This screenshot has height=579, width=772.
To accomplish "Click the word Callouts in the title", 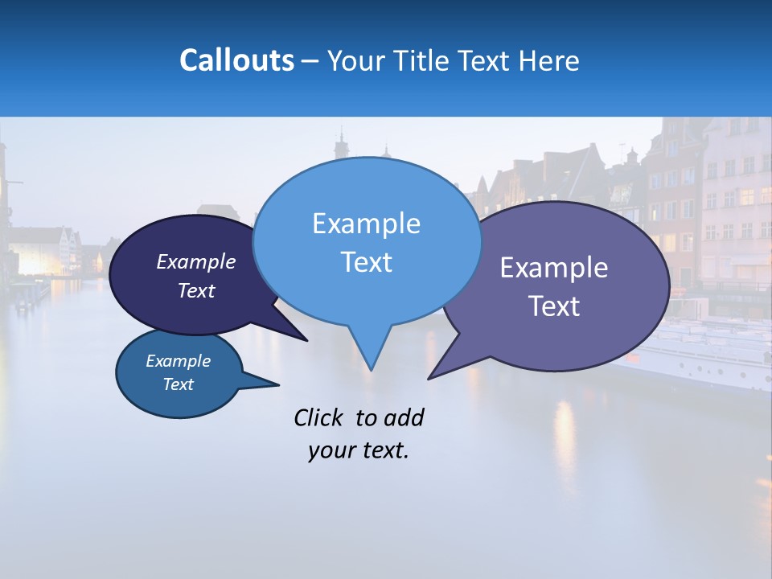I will click(x=236, y=60).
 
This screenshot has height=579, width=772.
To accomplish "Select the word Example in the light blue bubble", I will click(x=366, y=224).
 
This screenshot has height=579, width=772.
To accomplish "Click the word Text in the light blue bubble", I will click(x=366, y=262).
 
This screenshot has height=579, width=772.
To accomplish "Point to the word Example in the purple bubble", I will click(x=554, y=268).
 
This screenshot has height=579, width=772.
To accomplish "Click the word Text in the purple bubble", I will click(x=554, y=306).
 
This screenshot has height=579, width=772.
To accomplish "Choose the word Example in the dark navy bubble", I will click(x=195, y=261).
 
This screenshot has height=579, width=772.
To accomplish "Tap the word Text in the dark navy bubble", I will click(x=195, y=290).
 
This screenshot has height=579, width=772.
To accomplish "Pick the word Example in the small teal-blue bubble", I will click(x=178, y=361).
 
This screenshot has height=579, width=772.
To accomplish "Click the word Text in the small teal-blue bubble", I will click(x=178, y=384).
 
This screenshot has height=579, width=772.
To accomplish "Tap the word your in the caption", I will click(x=331, y=450).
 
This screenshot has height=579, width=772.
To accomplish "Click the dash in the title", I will click(x=310, y=61).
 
